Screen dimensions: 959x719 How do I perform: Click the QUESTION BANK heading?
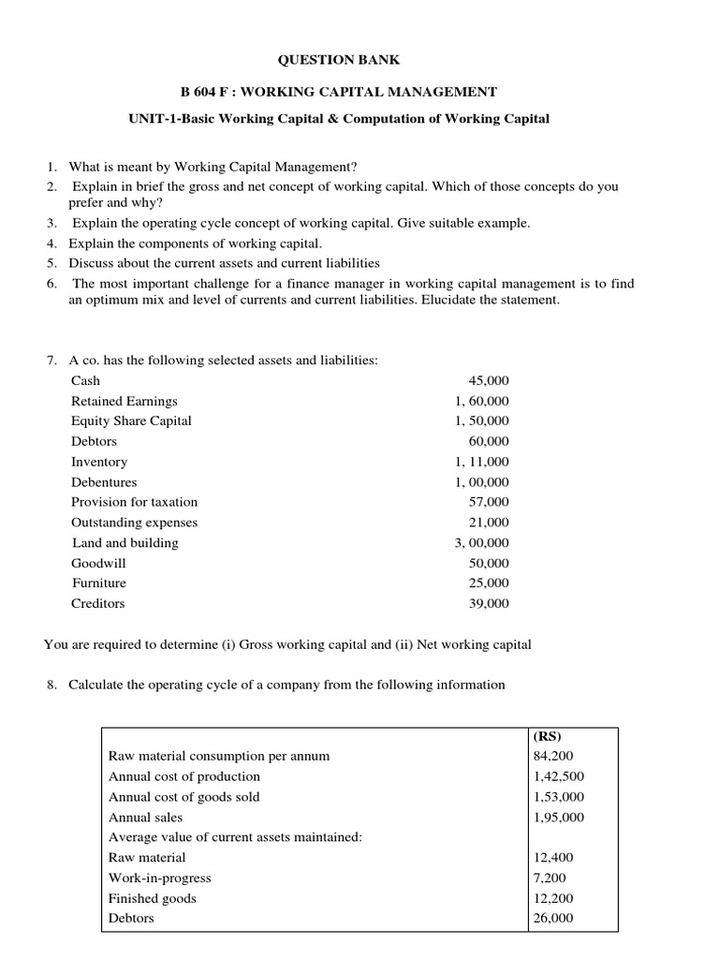[339, 60]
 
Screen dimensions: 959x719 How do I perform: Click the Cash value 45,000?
[489, 381]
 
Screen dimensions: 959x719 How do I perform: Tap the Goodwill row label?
[98, 563]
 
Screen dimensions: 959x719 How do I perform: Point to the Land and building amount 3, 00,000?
[482, 542]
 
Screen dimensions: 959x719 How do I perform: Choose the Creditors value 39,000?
[489, 604]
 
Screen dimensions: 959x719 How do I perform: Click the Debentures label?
[104, 482]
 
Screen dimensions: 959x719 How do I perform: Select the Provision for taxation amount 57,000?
[489, 502]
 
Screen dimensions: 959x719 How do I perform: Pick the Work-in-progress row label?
[160, 878]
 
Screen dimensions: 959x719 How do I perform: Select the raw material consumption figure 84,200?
[551, 756]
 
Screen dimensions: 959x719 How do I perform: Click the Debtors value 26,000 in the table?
[551, 919]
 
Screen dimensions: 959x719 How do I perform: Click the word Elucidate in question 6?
[493, 301]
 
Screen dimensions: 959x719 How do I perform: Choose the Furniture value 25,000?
[489, 583]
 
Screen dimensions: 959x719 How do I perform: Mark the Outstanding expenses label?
[135, 523]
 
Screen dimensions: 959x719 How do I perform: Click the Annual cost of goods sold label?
[184, 797]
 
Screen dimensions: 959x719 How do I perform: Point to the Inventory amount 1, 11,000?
[482, 462]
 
